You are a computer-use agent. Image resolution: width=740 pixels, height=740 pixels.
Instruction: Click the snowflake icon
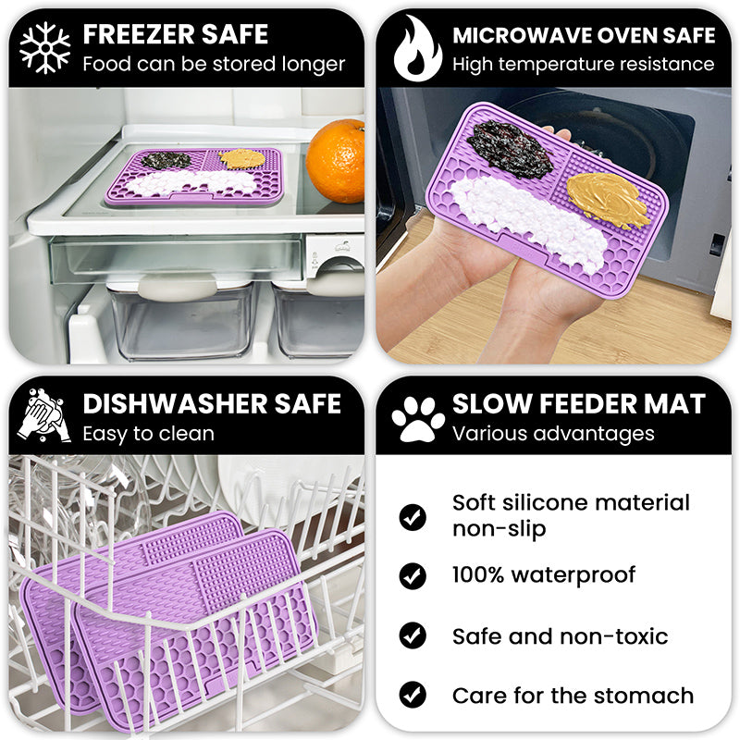coord(44,47)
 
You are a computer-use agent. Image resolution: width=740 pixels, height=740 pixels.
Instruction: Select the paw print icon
coord(417,419)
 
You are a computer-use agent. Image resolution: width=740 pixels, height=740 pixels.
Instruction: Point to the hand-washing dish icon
coord(43,417)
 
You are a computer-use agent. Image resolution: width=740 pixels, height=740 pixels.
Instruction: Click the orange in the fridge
coord(337,161)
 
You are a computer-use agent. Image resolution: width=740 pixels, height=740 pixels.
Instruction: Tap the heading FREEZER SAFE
coord(175,35)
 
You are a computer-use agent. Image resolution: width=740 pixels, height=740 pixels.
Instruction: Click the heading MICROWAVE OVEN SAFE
coord(584,36)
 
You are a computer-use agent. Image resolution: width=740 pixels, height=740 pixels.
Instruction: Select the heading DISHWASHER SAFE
coord(212,404)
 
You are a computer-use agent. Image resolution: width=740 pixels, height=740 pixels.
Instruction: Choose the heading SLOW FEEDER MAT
coord(578,404)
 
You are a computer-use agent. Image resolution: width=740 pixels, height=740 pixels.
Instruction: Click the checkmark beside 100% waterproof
coord(413,575)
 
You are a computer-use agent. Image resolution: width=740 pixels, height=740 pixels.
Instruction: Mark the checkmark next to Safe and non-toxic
coord(413,636)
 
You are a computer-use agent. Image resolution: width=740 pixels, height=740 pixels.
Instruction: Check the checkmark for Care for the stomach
coord(413,696)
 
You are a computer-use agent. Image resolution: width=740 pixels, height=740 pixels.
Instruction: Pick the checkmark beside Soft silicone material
coord(413,516)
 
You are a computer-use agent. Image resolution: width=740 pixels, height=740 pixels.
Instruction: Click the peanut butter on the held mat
coord(608,199)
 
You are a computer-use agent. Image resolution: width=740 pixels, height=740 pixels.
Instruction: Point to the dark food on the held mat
coord(509,148)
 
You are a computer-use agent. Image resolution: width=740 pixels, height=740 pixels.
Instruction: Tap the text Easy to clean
coord(148,433)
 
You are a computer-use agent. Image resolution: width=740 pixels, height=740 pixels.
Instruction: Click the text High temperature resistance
coord(583,64)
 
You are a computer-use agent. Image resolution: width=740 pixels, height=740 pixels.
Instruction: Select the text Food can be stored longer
coord(213,64)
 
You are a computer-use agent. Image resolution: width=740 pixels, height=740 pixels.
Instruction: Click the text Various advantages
coord(552,433)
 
